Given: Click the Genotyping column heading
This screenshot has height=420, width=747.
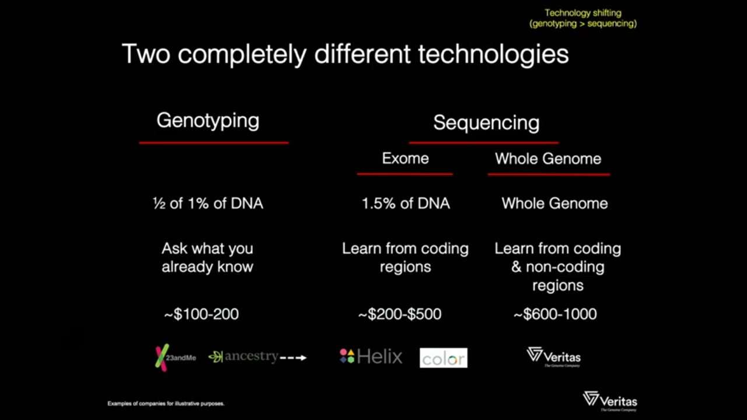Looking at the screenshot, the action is point(208,121).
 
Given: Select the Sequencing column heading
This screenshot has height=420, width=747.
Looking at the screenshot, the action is point(486,123).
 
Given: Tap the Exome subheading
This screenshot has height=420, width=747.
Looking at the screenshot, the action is point(405,158).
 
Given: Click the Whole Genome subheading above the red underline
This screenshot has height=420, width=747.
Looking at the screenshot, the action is point(548,159).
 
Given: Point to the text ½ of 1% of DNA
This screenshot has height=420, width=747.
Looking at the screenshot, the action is point(208,204).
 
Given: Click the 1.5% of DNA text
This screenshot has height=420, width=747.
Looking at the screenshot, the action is point(406,204).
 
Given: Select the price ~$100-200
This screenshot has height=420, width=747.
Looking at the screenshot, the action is point(201,314).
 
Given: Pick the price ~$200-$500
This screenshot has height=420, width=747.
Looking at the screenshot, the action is point(400,314).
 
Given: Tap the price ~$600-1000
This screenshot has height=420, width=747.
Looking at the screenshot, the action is point(555,314).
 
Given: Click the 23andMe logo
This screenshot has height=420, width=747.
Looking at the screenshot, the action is point(176,358).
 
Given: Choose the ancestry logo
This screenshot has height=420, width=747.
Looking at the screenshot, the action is point(243,356).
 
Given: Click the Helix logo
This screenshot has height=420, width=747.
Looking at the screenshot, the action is point(371,356).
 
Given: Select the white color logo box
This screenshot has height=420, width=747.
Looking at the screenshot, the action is point(444,358).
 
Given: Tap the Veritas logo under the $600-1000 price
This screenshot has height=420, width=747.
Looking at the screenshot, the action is point(554,356).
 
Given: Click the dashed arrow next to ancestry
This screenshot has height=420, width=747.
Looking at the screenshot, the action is point(293,358).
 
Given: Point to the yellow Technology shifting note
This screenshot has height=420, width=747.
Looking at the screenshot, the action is point(583,18).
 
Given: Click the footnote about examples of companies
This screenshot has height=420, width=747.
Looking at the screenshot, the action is point(166,404).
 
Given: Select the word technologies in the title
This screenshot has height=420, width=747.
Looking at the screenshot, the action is point(493,54).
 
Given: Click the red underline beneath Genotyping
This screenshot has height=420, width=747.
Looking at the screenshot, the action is point(214,143).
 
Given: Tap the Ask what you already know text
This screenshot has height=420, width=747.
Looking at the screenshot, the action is point(207,258).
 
